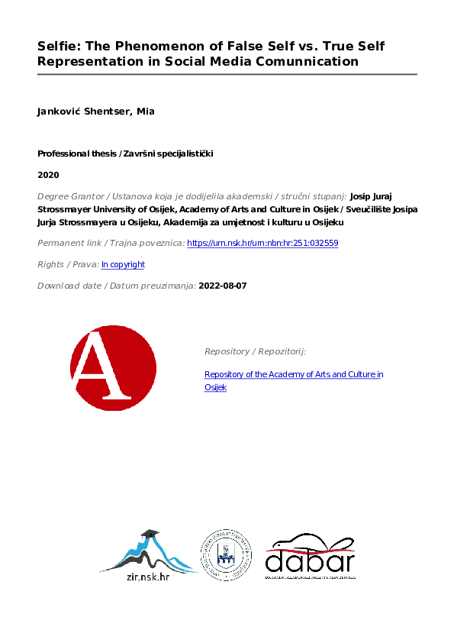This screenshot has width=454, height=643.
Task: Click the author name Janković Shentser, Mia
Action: click(96, 112)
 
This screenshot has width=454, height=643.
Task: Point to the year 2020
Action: click(47, 174)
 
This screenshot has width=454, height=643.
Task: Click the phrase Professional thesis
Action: click(74, 153)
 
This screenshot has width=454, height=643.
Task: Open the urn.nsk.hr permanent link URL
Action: click(262, 243)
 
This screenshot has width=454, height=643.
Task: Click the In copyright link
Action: click(123, 264)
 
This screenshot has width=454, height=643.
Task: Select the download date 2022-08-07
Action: click(222, 286)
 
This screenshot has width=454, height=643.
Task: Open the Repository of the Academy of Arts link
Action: click(290, 374)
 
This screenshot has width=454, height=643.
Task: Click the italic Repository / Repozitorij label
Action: click(255, 351)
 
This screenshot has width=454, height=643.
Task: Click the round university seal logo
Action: click(227, 554)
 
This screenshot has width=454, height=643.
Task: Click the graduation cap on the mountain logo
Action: click(150, 534)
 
